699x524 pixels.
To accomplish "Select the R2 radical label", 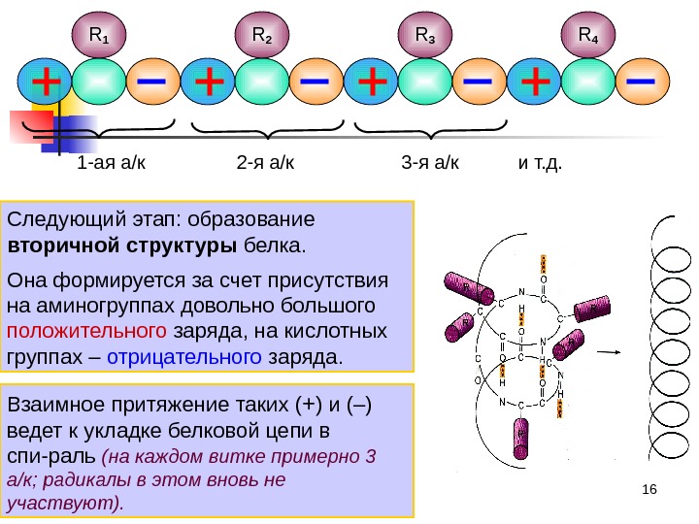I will point(263,36).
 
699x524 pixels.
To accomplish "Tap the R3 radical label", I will point(426,36).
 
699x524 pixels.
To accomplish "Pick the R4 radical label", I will point(589,36).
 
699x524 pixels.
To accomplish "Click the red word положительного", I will point(83,332).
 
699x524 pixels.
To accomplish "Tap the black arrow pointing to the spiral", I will point(610,351).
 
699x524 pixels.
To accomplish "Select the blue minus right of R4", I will point(641,82).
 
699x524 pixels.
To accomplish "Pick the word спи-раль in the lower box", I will point(50,455).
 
